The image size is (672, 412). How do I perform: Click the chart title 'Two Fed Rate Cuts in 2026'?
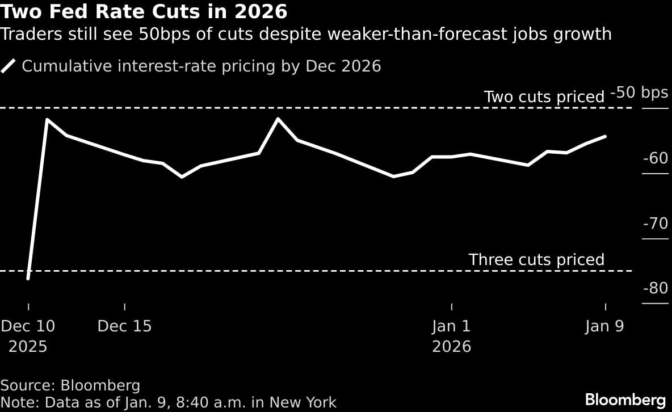[x=144, y=11]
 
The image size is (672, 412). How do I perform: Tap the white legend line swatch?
[x=9, y=66]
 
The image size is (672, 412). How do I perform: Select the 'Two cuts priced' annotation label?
[x=544, y=97]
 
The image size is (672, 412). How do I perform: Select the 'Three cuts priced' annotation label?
[x=536, y=260]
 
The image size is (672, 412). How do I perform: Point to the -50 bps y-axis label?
[x=639, y=93]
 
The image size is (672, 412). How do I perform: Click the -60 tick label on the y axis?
[x=655, y=158]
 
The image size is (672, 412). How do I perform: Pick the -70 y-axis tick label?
[x=655, y=224]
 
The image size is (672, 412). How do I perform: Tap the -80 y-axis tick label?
[x=655, y=288]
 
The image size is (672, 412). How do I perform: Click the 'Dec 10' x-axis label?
[x=28, y=326]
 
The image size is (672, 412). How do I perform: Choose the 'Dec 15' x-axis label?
[x=124, y=326]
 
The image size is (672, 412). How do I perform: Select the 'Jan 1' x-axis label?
[x=451, y=326]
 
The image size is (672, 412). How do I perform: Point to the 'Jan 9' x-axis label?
[x=604, y=326]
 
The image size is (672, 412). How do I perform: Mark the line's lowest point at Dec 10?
[x=28, y=279]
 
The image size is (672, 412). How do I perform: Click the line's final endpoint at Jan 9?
[x=606, y=136]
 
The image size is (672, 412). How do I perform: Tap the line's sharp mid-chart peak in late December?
[x=278, y=119]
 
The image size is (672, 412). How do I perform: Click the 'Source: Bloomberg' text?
[x=70, y=386]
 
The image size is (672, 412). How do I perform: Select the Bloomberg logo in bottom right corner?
[x=625, y=399]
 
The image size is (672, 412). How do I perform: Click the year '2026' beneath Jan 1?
[x=451, y=347]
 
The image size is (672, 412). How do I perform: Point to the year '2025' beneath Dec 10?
[x=28, y=347]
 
